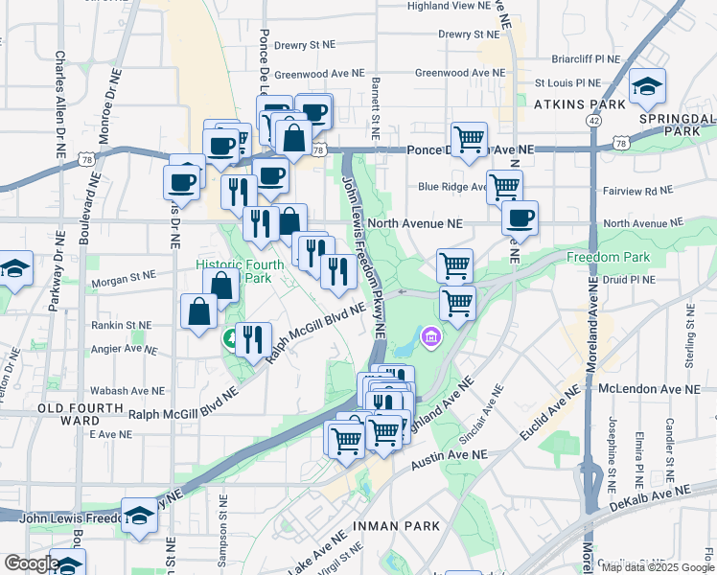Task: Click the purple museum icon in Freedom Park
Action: tap(431, 337)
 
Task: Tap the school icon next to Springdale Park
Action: tap(648, 89)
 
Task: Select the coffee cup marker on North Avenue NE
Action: tap(520, 218)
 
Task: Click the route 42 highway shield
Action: tap(595, 121)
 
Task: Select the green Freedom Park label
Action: tap(608, 257)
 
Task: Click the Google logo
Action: tap(32, 563)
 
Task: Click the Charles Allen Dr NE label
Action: tap(59, 105)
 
